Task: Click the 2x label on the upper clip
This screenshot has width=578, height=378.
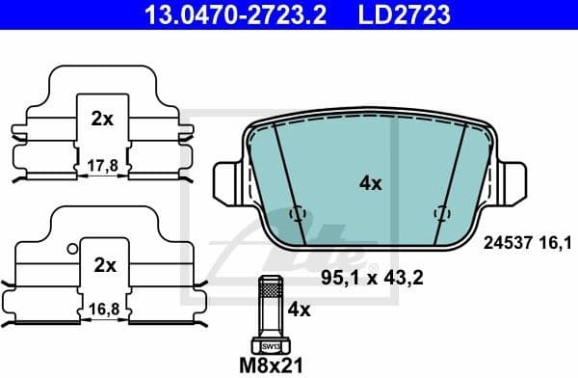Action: click(x=102, y=120)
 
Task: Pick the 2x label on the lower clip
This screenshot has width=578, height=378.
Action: click(x=104, y=264)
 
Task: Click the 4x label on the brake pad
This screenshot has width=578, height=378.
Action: click(x=369, y=181)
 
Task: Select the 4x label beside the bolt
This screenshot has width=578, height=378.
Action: click(x=299, y=310)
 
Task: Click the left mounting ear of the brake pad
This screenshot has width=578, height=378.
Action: click(x=223, y=179)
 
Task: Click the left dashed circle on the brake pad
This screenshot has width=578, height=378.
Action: click(x=297, y=214)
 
